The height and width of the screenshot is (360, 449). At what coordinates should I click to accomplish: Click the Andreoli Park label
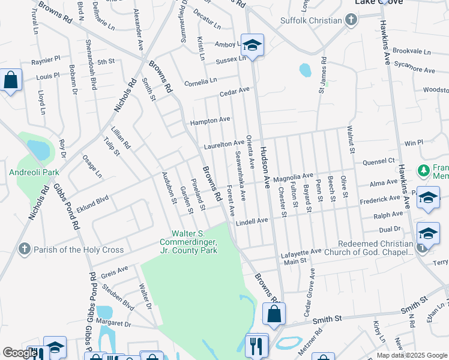pos(34,172)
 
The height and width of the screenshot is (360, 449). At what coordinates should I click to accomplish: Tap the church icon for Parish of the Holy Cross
pos(24,249)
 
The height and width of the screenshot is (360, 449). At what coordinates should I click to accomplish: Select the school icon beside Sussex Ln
pos(253,45)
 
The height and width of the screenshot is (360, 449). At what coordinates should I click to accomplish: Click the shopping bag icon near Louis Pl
pos(10,80)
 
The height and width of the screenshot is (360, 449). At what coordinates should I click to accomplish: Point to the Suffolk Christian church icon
pos(351,20)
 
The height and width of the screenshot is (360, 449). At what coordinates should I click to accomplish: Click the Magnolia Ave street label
pos(293,178)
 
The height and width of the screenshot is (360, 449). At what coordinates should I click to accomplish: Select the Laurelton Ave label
pos(223,145)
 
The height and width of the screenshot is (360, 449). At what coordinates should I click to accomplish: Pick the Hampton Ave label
pos(210,121)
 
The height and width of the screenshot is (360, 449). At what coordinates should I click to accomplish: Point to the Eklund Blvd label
pos(92,199)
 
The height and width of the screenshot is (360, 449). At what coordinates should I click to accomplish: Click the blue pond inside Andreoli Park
pos(38,149)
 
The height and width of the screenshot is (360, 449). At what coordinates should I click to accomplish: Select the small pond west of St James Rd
pos(305,70)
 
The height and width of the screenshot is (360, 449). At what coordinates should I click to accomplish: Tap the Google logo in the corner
pos(20,353)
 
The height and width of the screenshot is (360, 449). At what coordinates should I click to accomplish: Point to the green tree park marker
pos(424,171)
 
